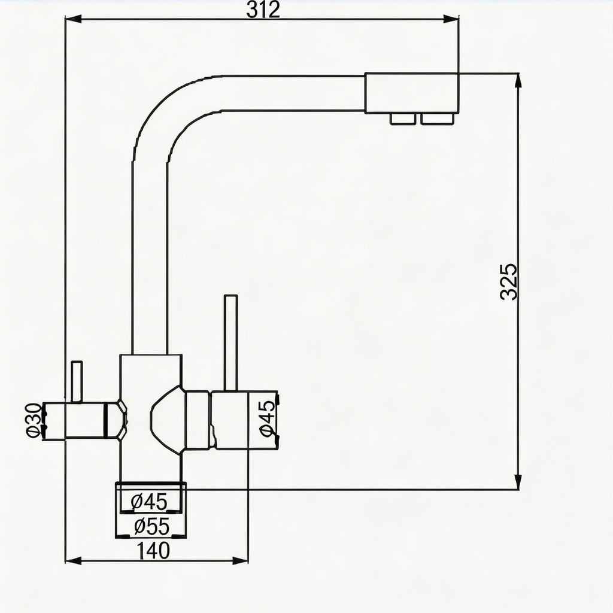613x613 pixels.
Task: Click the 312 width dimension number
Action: click(263, 10)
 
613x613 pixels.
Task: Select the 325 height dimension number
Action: click(509, 281)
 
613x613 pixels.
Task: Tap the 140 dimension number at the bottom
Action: click(153, 550)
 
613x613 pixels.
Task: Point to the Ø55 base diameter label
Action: click(152, 527)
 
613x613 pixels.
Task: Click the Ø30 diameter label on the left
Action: click(35, 421)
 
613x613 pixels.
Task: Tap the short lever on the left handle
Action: click(76, 382)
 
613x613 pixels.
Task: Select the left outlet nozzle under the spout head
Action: click(403, 119)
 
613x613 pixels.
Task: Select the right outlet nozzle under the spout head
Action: click(436, 119)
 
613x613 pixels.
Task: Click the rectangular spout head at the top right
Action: click(411, 93)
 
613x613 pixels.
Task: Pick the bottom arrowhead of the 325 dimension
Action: click(518, 482)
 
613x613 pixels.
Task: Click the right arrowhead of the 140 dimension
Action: click(241, 560)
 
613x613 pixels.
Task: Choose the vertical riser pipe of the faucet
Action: click(148, 251)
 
